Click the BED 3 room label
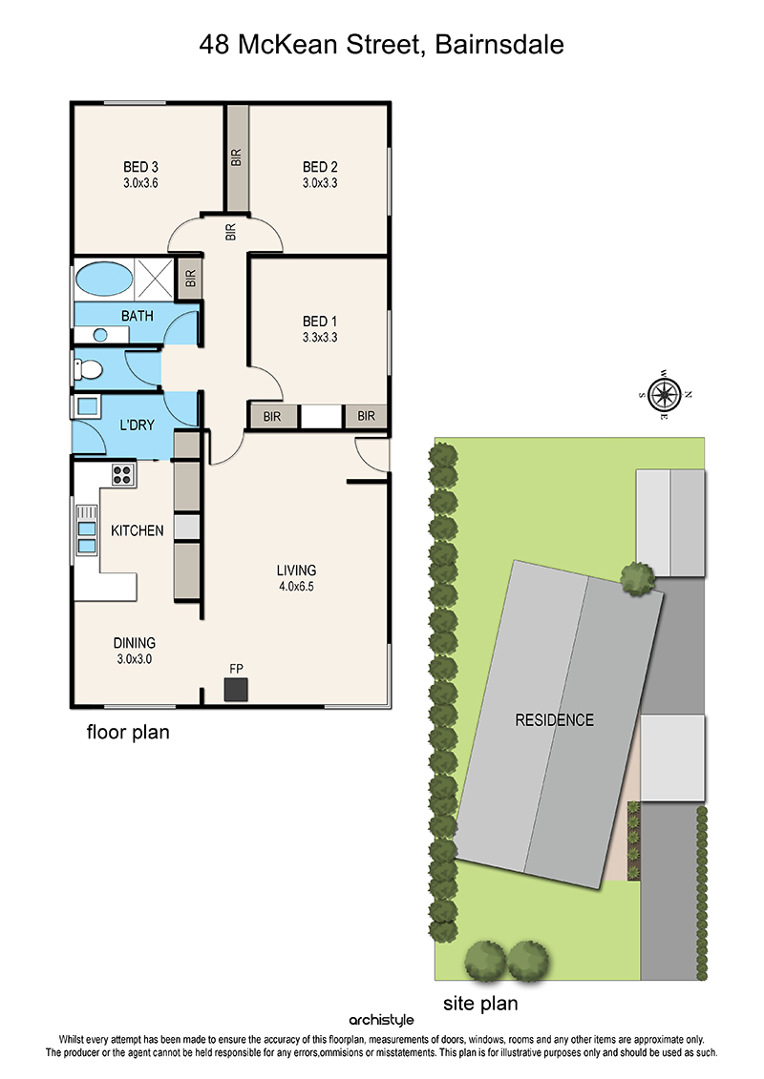coord(140,167)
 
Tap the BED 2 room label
coord(320,167)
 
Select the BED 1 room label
coord(320,322)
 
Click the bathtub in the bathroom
coord(103,279)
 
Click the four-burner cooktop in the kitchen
coord(122,474)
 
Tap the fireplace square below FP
coord(236,690)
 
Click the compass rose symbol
coord(665,395)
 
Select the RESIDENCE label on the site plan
coord(555,720)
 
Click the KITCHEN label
coord(138,530)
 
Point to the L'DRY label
coord(138,425)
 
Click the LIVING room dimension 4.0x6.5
coord(296,587)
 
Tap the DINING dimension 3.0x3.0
coord(135,658)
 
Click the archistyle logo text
coord(382,1020)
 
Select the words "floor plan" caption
coord(128,732)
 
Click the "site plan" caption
coord(480,1004)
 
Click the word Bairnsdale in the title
coord(499,45)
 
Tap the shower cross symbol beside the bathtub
coord(155,279)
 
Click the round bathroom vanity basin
coord(100,335)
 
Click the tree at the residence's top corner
coord(637,579)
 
